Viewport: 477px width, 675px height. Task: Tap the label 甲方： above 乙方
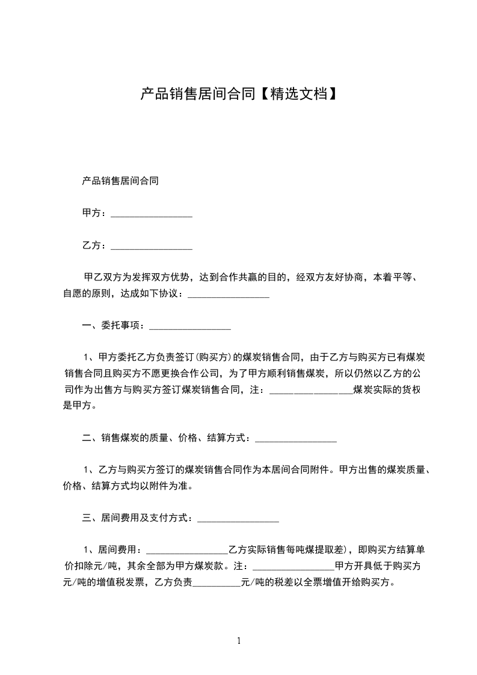click(x=95, y=213)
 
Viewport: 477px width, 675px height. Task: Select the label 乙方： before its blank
click(x=95, y=245)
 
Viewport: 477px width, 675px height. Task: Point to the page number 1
click(x=239, y=641)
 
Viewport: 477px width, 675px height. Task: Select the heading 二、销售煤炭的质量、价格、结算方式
click(x=165, y=438)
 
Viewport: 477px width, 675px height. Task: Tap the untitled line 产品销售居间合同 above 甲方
click(x=120, y=180)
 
